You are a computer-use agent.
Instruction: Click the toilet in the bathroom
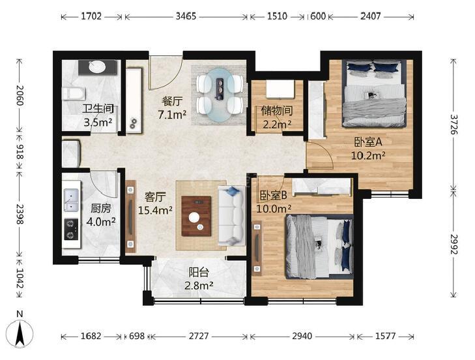(74, 93)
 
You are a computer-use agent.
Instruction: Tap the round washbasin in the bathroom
(98, 67)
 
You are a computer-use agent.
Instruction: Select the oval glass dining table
(220, 95)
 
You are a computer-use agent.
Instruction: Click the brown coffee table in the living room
(196, 217)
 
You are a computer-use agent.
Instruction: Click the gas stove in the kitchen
(71, 229)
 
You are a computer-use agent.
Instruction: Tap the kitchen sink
(71, 200)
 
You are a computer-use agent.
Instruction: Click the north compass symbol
(20, 333)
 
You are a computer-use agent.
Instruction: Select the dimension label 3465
(186, 16)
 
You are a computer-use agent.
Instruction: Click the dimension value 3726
(453, 124)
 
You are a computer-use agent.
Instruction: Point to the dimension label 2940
(302, 336)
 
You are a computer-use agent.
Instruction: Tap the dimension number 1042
(20, 278)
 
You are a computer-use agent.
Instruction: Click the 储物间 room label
(277, 111)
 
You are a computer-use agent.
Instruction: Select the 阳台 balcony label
(199, 273)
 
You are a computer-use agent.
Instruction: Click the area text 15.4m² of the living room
(156, 210)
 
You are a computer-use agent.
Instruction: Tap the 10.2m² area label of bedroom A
(368, 156)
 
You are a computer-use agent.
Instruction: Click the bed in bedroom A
(374, 94)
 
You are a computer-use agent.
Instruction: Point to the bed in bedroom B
(319, 247)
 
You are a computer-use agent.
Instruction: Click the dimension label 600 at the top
(318, 16)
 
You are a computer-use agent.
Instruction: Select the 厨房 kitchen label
(101, 208)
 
